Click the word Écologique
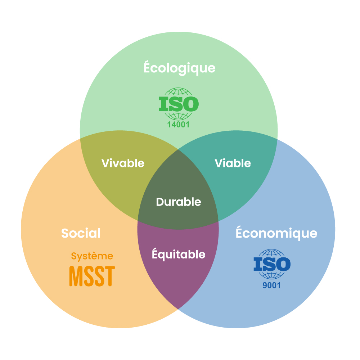(x=179, y=68)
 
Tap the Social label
(x=81, y=233)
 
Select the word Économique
(x=276, y=233)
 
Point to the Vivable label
(x=123, y=163)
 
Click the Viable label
(x=233, y=163)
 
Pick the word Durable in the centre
(x=179, y=202)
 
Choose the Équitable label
(x=179, y=255)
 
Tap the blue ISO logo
(x=272, y=265)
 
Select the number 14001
(x=178, y=125)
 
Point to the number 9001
(x=272, y=286)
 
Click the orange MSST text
(x=92, y=276)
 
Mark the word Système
(x=92, y=256)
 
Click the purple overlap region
(x=178, y=281)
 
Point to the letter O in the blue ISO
(x=283, y=265)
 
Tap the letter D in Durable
(x=160, y=202)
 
